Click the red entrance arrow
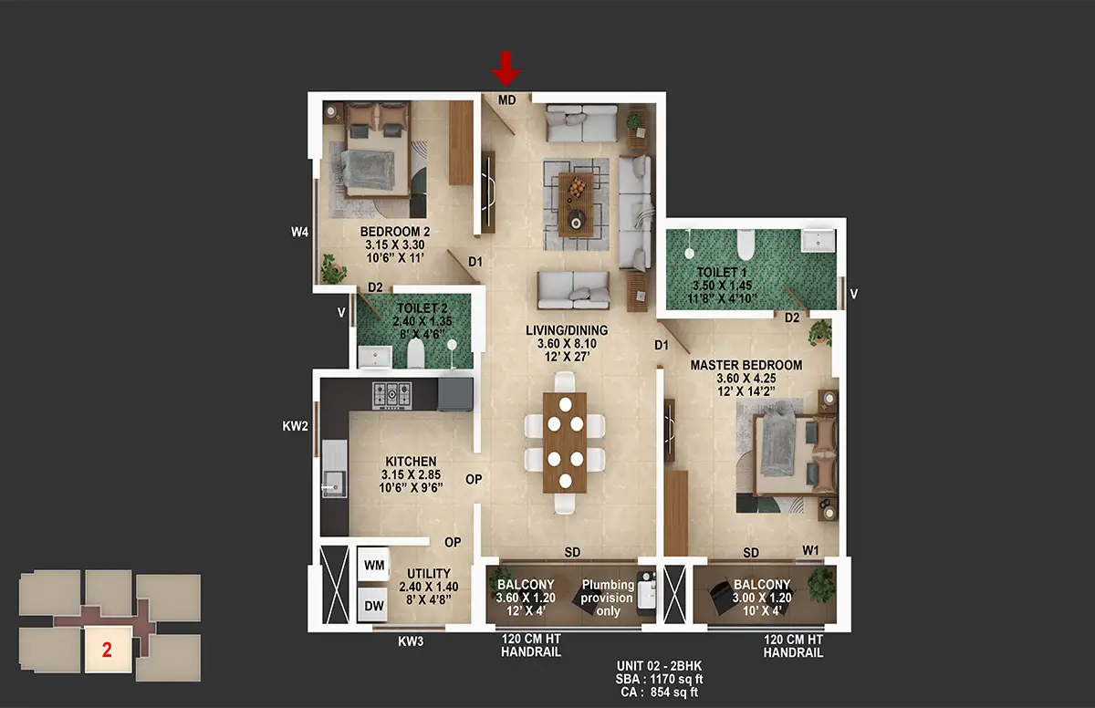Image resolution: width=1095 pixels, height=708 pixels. click(x=506, y=69)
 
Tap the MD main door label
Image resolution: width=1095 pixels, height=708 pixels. click(x=507, y=100)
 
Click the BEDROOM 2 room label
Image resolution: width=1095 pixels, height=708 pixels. click(x=395, y=232)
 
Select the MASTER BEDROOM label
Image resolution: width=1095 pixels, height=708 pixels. click(x=746, y=365)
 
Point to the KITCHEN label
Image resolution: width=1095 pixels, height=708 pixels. click(x=411, y=462)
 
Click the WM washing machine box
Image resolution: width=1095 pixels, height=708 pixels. click(x=374, y=565)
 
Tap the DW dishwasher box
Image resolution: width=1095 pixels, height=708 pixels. click(x=374, y=606)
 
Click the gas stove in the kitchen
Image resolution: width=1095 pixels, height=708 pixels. click(x=392, y=395)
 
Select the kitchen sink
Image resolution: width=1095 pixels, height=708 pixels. click(x=335, y=484)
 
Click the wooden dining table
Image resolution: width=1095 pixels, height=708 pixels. click(x=565, y=442)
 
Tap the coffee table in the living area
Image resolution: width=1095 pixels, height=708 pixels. click(x=576, y=204)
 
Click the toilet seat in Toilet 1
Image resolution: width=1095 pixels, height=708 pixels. click(x=746, y=245)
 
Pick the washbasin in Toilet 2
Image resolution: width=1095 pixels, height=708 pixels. click(x=375, y=357)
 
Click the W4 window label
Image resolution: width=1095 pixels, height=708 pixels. click(x=299, y=232)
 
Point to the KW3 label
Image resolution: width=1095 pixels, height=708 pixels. click(x=411, y=641)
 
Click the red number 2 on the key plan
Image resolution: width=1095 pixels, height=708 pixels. click(x=107, y=650)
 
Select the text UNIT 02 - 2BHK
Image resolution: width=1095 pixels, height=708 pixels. click(x=659, y=666)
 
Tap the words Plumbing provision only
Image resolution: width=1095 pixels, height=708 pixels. click(x=608, y=598)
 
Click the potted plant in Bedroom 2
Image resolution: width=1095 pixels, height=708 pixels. click(x=334, y=269)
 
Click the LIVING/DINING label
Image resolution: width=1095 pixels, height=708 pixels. click(x=567, y=330)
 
